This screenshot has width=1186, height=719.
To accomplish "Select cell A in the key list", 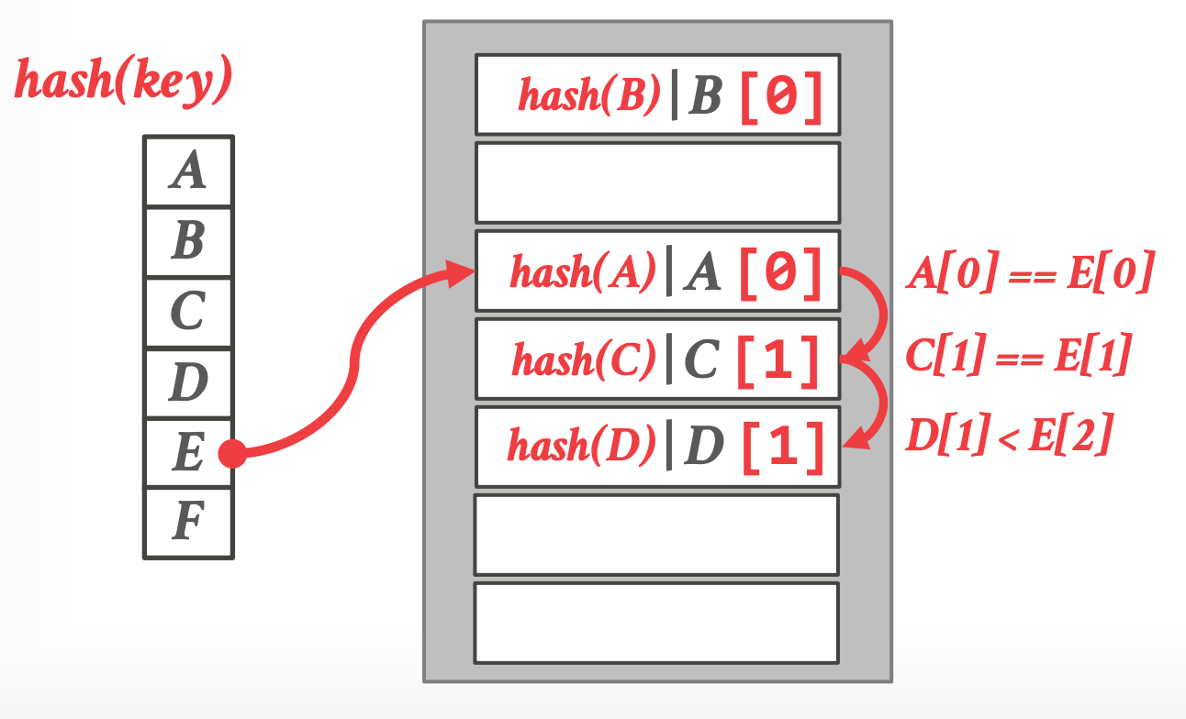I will pyautogui.click(x=188, y=171).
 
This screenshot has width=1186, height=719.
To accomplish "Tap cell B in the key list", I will pyautogui.click(x=188, y=242).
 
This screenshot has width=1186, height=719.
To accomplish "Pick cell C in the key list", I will pyautogui.click(x=188, y=313).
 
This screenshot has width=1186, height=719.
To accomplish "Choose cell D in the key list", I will pyautogui.click(x=188, y=383).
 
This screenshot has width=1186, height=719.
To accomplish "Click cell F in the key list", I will pyautogui.click(x=188, y=524).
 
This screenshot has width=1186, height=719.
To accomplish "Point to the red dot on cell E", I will pyautogui.click(x=232, y=453).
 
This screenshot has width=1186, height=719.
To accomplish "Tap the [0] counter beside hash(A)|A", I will pyautogui.click(x=779, y=273).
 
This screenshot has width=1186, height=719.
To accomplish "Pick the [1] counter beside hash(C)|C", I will pyautogui.click(x=779, y=360).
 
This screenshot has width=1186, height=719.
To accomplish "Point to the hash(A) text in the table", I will pyautogui.click(x=584, y=273).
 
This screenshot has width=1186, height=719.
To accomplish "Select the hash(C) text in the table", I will pyautogui.click(x=585, y=360).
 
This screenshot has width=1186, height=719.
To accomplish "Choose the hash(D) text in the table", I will pyautogui.click(x=582, y=448).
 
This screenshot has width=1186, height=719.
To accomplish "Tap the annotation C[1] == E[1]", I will pyautogui.click(x=1017, y=357).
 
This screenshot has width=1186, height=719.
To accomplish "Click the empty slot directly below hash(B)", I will pyautogui.click(x=657, y=183).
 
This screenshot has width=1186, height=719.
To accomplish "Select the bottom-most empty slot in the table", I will pyautogui.click(x=656, y=623).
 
